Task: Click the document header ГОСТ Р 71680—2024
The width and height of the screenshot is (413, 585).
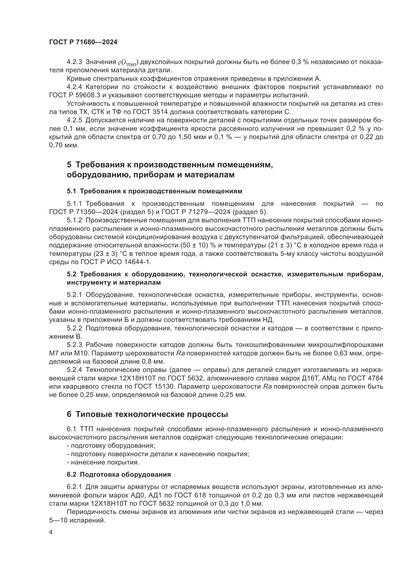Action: point(83,42)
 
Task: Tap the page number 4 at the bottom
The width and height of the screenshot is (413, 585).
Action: point(51,532)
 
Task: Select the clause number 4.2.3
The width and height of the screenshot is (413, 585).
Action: point(74,62)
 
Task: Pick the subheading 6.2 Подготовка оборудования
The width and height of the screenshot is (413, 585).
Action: point(119,475)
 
